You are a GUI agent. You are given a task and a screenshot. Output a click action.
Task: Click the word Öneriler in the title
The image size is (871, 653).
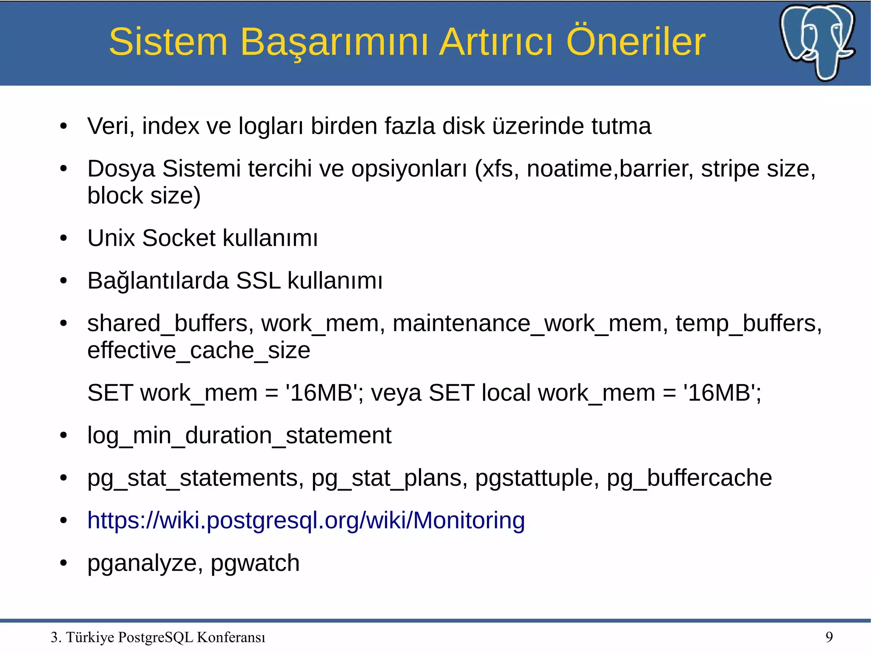pos(636,42)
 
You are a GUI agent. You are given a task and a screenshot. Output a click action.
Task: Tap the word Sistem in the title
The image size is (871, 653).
pos(168,42)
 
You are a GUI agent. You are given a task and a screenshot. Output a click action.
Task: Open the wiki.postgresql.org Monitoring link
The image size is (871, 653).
pos(306,520)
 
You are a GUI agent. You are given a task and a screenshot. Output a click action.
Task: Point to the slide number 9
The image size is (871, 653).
pos(829,637)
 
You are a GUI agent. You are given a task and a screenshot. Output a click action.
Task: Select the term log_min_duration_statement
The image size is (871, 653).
pos(239,436)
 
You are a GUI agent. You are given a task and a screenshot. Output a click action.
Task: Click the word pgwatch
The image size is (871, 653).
pos(255,563)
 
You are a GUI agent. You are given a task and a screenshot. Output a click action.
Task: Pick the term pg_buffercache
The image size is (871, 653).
pos(689,478)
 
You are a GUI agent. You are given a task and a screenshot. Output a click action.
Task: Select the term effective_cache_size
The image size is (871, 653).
pos(199,351)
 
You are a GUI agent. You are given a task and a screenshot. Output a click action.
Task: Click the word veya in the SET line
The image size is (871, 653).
pos(396,393)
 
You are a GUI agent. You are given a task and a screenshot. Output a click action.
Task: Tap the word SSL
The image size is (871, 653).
pos(258,281)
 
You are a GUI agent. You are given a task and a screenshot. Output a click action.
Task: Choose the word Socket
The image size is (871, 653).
pos(179,238)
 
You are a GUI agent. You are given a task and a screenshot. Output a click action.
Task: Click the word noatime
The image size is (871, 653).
pos(569,169)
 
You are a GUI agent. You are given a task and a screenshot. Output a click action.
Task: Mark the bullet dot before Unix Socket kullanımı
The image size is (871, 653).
pos(64,238)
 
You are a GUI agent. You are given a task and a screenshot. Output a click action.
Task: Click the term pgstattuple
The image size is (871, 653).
pos(534,478)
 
